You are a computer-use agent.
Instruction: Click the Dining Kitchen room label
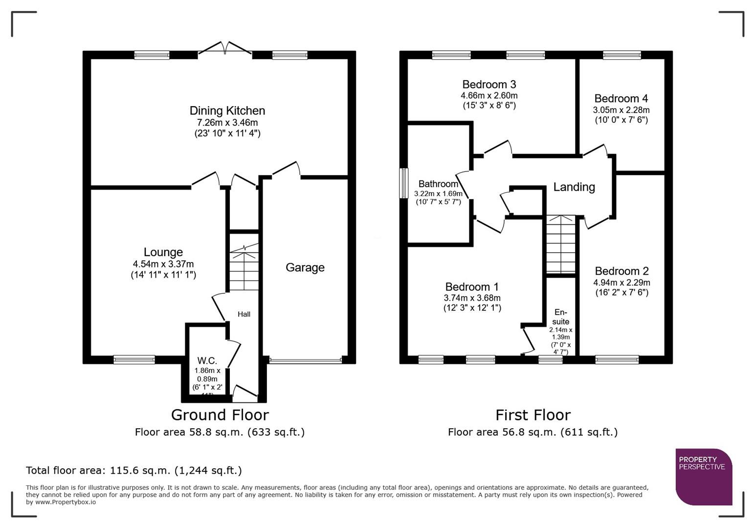[x=227, y=111]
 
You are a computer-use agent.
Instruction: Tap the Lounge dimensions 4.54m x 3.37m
[x=163, y=264]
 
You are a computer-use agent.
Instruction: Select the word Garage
[x=305, y=267]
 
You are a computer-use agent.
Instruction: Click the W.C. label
[x=207, y=361]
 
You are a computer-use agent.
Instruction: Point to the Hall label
[x=244, y=314]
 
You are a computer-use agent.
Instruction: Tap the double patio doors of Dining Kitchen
[x=225, y=48]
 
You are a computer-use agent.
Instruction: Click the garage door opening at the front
[x=305, y=361]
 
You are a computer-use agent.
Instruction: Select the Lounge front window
[x=134, y=360]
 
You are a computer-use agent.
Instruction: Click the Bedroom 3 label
[x=489, y=85]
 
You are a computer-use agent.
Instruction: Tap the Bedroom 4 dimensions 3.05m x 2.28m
[x=621, y=110]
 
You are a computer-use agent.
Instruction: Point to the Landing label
[x=574, y=187]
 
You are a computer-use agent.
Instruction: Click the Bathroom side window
[x=403, y=183]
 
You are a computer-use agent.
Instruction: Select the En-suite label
[x=560, y=317]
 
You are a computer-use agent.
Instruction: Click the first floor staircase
[x=560, y=244]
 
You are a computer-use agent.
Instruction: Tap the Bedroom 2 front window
[x=617, y=360]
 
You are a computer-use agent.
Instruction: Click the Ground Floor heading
[x=220, y=415]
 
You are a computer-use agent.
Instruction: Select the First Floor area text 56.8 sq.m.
[x=533, y=432]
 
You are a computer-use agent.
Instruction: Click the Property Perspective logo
[x=704, y=477]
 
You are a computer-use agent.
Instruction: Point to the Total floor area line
[x=133, y=470]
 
